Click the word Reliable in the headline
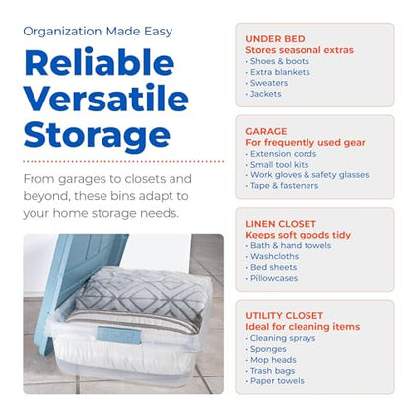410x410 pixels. point(99,62)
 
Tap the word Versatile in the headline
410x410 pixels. point(106,98)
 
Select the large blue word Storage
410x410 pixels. point(97,135)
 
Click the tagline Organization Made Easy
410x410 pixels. point(98,32)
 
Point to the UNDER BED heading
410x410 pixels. point(275,39)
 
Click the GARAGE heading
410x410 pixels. point(266,131)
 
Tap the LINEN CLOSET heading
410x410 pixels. point(281,224)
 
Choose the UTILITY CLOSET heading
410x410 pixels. point(284,316)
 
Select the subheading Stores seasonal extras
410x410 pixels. point(300,50)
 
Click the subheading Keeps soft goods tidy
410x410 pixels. point(298,235)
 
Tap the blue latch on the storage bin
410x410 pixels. point(119,335)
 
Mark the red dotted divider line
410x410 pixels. point(123,162)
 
